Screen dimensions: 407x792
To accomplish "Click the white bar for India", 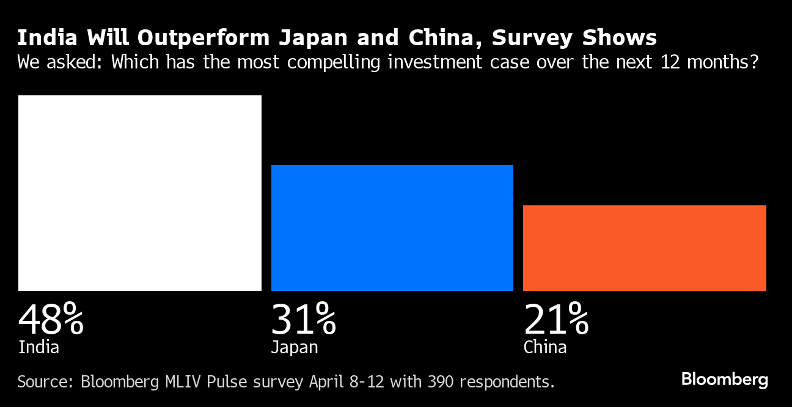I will point(140,193).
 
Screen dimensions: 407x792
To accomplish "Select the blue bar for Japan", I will point(392,227).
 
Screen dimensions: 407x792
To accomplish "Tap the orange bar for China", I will point(645,248).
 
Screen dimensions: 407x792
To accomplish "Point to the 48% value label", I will point(51,319).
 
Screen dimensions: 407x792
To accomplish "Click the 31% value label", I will point(303,319).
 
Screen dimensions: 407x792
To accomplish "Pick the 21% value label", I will point(556,319).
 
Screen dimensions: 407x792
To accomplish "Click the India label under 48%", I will point(38,348).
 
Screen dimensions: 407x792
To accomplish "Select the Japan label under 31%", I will point(295,348).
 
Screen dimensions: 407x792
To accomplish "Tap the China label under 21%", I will point(545,348).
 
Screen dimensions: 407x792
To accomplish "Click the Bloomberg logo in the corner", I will point(725,380).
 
